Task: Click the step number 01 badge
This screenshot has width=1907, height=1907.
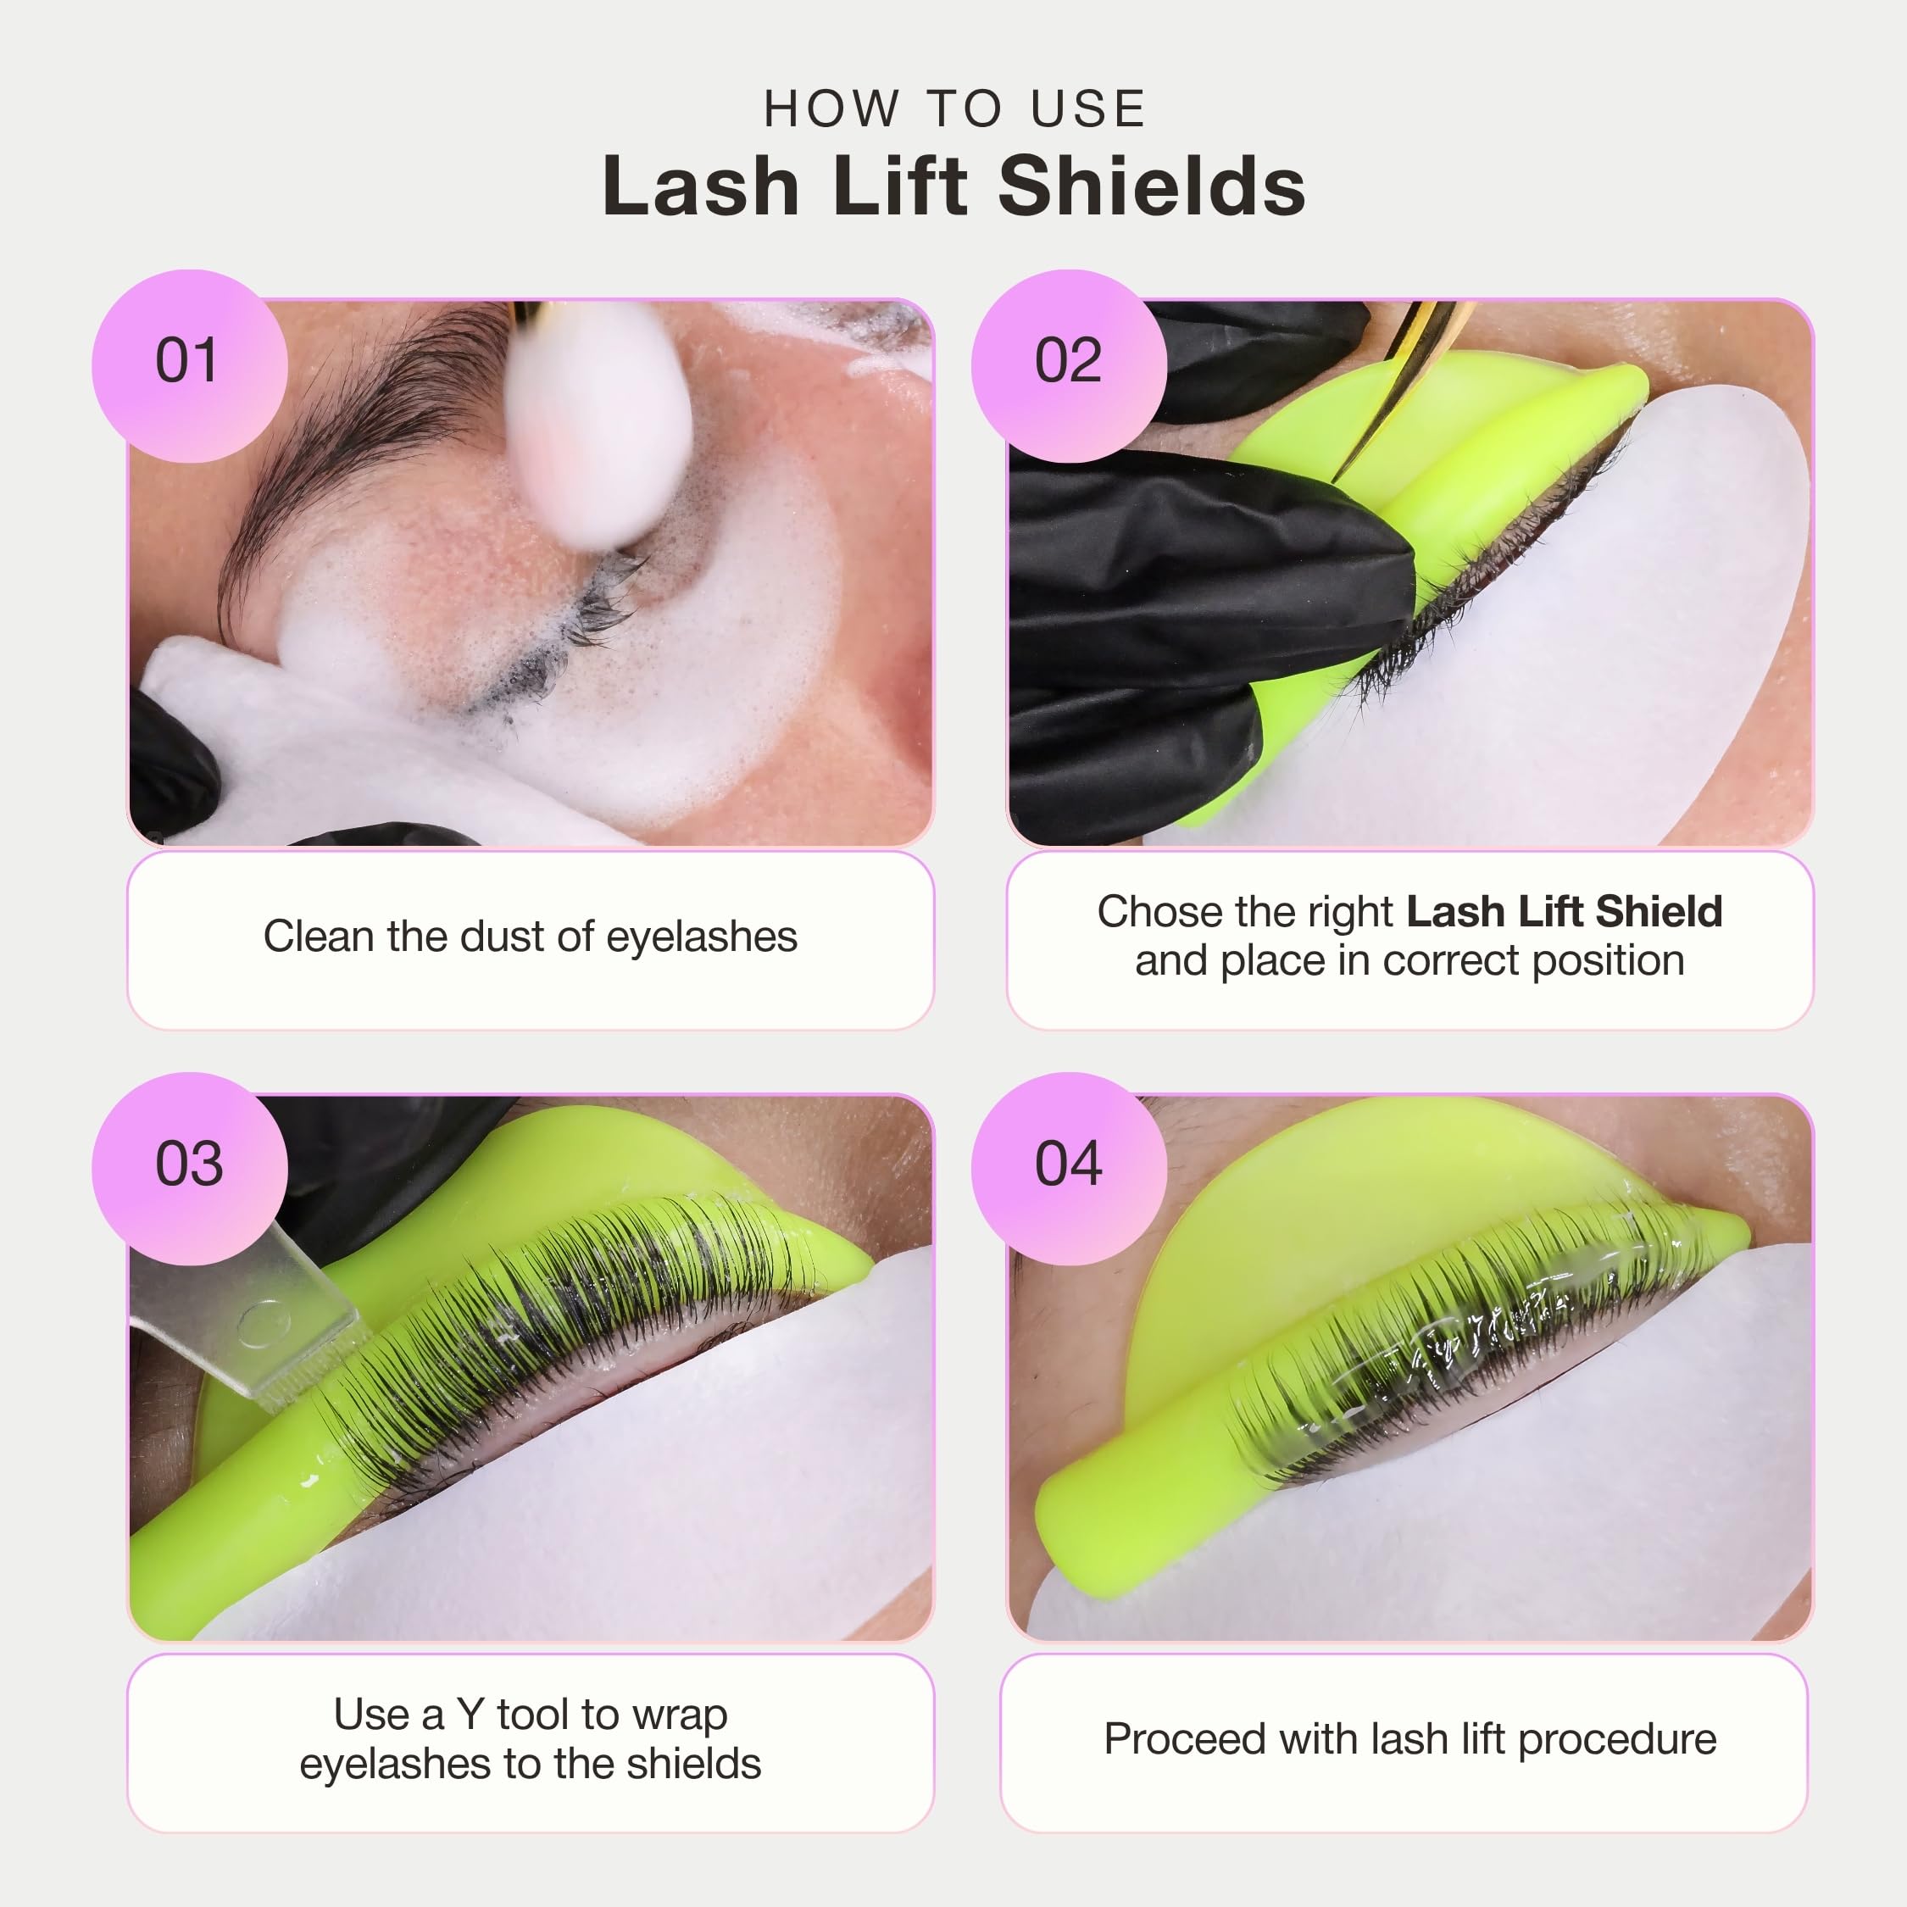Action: (x=190, y=365)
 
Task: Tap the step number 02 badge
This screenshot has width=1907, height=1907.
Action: (x=1069, y=365)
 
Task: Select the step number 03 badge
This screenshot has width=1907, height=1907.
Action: (x=190, y=1169)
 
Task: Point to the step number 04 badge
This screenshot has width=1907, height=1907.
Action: (x=1069, y=1169)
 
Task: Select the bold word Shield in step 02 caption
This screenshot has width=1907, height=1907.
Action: (x=1659, y=911)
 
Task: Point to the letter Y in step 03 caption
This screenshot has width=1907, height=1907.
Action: (x=469, y=1715)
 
